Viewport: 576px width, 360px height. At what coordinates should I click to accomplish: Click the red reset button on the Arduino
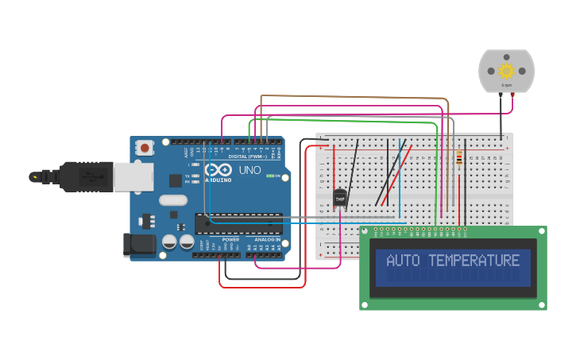point(145,147)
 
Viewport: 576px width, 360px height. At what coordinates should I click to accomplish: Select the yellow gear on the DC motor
point(506,71)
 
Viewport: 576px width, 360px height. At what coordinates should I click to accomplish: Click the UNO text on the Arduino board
point(250,170)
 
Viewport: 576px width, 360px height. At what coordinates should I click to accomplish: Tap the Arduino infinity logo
point(217,170)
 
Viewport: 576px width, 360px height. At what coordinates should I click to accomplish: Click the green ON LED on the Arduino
point(270,176)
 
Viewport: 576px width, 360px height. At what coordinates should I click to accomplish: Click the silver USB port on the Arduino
point(133,177)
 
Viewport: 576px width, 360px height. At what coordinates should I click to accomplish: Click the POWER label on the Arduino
point(230,239)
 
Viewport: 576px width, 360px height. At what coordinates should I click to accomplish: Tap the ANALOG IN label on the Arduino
point(267,239)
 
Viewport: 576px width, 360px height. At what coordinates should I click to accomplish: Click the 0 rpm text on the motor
point(506,84)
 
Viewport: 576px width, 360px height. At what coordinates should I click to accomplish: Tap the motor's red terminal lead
point(512,95)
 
